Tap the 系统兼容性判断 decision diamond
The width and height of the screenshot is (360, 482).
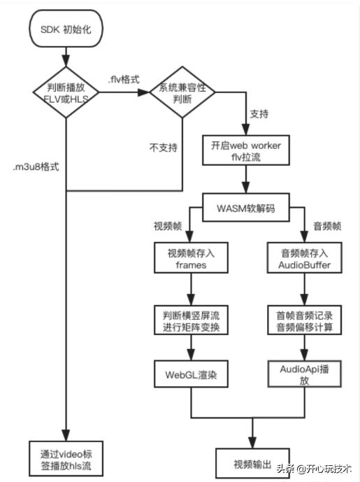[182, 92]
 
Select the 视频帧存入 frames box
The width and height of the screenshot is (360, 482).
[182, 260]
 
